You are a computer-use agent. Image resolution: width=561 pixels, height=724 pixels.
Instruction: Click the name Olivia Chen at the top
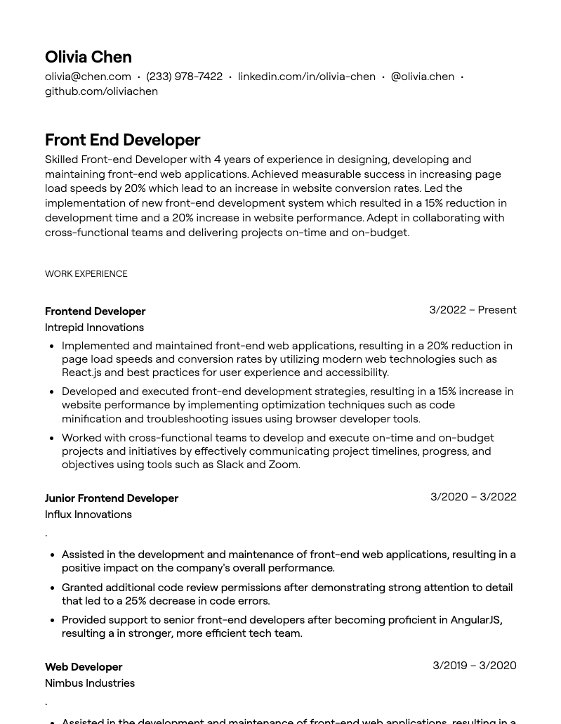(88, 57)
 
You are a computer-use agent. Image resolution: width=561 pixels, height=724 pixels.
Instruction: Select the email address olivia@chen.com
(88, 77)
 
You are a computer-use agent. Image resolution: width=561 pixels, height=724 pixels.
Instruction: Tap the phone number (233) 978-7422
(184, 77)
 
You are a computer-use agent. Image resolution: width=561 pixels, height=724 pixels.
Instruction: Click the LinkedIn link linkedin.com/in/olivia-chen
(306, 77)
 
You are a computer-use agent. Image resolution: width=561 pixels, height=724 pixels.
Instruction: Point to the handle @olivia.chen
(422, 77)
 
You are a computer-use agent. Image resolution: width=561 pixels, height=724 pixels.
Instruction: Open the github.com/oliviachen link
(101, 91)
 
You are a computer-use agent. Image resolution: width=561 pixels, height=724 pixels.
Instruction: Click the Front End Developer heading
(122, 140)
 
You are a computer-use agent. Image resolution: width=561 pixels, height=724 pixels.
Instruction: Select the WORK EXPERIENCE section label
(86, 274)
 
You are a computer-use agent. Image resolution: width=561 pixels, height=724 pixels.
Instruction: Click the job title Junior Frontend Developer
(112, 498)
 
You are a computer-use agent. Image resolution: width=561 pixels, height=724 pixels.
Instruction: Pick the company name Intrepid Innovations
(94, 328)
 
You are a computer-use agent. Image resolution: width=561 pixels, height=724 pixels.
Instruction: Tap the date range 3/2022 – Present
(473, 310)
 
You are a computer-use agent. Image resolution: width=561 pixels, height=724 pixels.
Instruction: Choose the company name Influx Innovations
(88, 515)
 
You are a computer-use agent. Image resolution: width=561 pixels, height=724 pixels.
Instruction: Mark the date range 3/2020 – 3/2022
(473, 497)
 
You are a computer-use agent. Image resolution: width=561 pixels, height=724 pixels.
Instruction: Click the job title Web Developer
(84, 667)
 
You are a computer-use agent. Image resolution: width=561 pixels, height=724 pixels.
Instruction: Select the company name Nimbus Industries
(90, 683)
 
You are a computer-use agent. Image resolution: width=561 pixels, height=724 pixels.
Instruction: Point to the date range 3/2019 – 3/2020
(474, 666)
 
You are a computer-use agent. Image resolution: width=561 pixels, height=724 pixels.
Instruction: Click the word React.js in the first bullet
(81, 373)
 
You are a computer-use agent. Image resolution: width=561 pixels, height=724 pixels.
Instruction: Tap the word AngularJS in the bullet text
(475, 620)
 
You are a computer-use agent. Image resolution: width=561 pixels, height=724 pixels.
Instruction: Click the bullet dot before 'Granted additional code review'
(53, 588)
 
